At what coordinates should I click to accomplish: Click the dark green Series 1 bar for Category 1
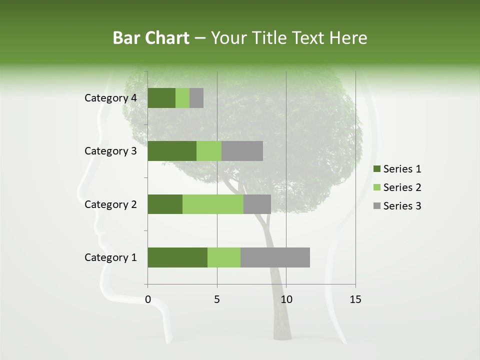pyautogui.click(x=177, y=257)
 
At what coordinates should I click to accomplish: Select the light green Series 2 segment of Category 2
pyautogui.click(x=213, y=204)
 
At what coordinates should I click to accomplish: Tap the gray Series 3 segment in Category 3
pyautogui.click(x=242, y=151)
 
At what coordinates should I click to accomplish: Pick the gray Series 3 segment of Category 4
pyautogui.click(x=196, y=98)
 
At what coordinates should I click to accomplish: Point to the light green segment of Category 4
pyautogui.click(x=182, y=98)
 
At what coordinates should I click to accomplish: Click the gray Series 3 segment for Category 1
pyautogui.click(x=275, y=257)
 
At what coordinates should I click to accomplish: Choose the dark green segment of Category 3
pyautogui.click(x=172, y=151)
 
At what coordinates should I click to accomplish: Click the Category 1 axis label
pyautogui.click(x=110, y=257)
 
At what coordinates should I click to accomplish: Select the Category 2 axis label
pyautogui.click(x=110, y=204)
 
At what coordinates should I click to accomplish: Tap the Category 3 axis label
pyautogui.click(x=110, y=151)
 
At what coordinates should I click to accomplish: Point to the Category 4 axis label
pyautogui.click(x=110, y=98)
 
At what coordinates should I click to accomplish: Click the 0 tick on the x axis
pyautogui.click(x=148, y=299)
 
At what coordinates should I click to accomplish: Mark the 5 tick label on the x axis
pyautogui.click(x=217, y=299)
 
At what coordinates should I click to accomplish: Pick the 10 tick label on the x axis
pyautogui.click(x=286, y=299)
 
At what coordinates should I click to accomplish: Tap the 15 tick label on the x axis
pyautogui.click(x=355, y=299)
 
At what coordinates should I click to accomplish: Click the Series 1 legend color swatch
pyautogui.click(x=376, y=169)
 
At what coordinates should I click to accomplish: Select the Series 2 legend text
pyautogui.click(x=402, y=187)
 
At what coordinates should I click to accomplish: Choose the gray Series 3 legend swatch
pyautogui.click(x=376, y=206)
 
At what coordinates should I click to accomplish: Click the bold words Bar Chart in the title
pyautogui.click(x=150, y=38)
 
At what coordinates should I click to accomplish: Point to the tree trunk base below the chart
pyautogui.click(x=282, y=330)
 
